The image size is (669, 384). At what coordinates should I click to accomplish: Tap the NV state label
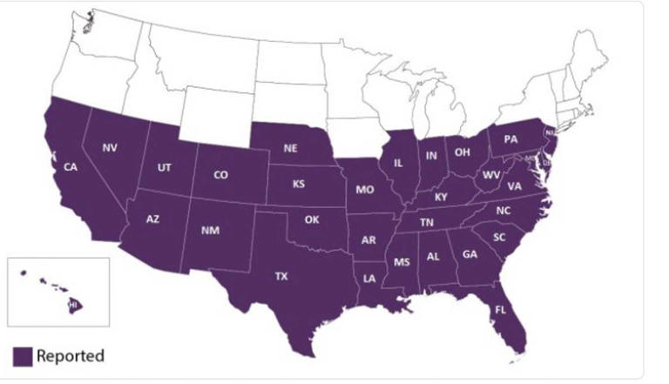(109, 147)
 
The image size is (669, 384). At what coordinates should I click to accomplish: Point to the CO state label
(221, 175)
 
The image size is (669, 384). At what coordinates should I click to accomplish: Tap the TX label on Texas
(280, 276)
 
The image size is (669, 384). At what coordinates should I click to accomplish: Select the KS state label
(299, 184)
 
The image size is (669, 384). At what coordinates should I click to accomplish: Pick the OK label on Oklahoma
(312, 219)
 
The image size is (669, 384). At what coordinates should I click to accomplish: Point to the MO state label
(364, 188)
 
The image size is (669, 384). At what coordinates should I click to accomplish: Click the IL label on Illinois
(397, 163)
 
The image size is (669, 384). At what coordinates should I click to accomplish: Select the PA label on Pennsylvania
(510, 138)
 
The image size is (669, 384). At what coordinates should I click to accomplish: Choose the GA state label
(470, 255)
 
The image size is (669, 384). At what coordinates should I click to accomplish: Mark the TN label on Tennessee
(428, 223)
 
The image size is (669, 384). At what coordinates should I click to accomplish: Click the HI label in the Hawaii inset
(73, 305)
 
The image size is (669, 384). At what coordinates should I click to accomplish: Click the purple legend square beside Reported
(23, 355)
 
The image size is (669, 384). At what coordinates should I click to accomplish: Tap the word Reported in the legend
(70, 355)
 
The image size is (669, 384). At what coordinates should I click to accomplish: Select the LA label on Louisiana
(370, 279)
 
